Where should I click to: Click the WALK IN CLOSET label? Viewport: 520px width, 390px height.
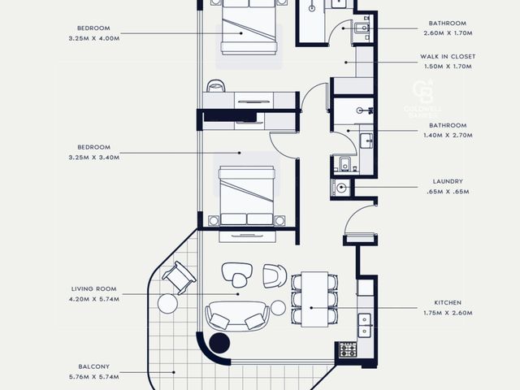coord(448,56)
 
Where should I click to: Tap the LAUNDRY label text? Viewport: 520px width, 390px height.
coord(448,181)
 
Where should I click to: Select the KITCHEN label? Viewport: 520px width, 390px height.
coord(448,302)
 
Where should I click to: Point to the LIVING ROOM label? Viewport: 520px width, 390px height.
coord(94,289)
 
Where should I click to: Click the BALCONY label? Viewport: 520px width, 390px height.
coord(94,366)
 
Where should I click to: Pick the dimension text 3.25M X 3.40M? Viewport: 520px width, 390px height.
coord(94,157)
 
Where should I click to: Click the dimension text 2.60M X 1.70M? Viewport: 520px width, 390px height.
coord(448,33)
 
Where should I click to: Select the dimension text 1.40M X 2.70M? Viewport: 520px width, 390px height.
coord(448,136)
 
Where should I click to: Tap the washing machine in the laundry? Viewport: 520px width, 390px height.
coord(340,188)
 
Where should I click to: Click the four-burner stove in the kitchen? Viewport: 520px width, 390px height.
coord(348,350)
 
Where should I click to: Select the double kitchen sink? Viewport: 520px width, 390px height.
coord(364,325)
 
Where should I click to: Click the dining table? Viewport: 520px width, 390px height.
coord(314,299)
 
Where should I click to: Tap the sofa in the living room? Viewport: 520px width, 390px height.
coord(237,316)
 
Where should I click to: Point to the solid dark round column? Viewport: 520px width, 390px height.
coord(219,343)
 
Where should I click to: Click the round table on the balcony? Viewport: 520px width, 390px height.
coord(167,303)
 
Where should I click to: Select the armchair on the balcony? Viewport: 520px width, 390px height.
coord(179,277)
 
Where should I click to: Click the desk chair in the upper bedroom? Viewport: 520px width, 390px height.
coord(216,86)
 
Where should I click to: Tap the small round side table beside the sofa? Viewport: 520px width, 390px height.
coord(278,308)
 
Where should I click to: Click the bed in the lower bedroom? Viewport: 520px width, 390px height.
coord(247,196)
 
